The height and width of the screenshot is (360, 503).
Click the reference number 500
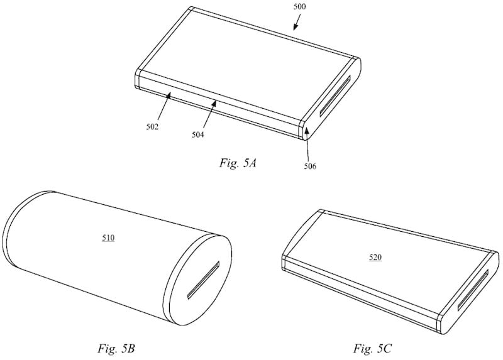coord(300,7)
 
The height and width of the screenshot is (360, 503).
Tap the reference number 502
coord(152,127)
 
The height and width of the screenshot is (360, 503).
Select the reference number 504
coord(198,134)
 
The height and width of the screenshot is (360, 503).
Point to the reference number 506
coord(310,166)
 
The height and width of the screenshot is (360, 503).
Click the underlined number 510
coord(108,238)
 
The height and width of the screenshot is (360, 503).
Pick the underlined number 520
coord(375,257)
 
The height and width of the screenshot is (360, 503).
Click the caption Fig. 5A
coord(238,163)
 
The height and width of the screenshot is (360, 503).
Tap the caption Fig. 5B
coord(116,348)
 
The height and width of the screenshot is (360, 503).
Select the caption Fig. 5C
coord(372,348)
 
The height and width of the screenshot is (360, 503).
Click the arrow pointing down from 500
coord(297,23)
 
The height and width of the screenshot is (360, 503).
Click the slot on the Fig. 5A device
coord(335,96)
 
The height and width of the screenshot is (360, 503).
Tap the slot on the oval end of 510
coord(203,280)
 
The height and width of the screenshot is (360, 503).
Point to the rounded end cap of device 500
coord(331,99)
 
